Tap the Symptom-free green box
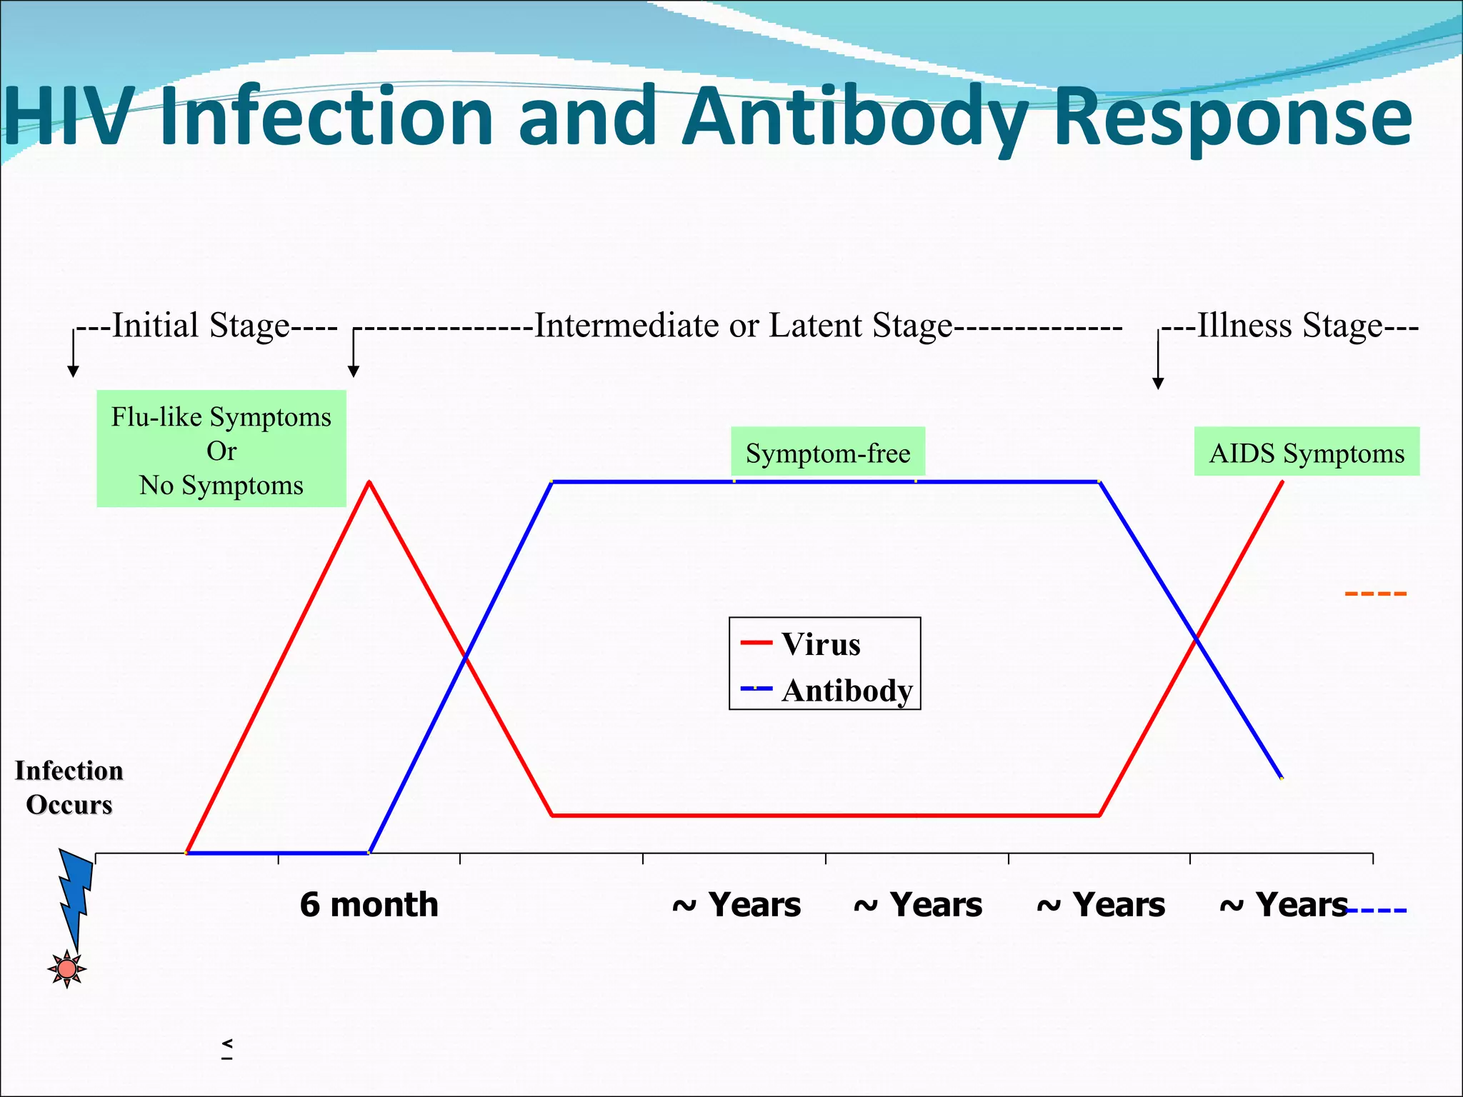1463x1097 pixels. pyautogui.click(x=828, y=453)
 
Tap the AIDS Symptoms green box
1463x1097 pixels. pyautogui.click(x=1307, y=453)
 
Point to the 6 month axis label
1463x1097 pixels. pyautogui.click(x=369, y=905)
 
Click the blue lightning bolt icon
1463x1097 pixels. pyautogui.click(x=75, y=893)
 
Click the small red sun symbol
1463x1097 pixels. pyautogui.click(x=67, y=969)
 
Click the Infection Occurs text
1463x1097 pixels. pyautogui.click(x=69, y=788)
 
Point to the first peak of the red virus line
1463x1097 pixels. pyautogui.click(x=369, y=483)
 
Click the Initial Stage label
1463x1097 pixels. pyautogui.click(x=207, y=326)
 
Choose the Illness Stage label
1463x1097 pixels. pyautogui.click(x=1290, y=326)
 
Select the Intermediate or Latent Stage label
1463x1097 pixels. pyautogui.click(x=743, y=326)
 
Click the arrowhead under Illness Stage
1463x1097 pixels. pyautogui.click(x=1159, y=384)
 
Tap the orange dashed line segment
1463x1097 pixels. pyautogui.click(x=1375, y=593)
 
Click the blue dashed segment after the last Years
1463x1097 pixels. pyautogui.click(x=1377, y=911)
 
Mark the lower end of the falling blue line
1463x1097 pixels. pyautogui.click(x=1282, y=778)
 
